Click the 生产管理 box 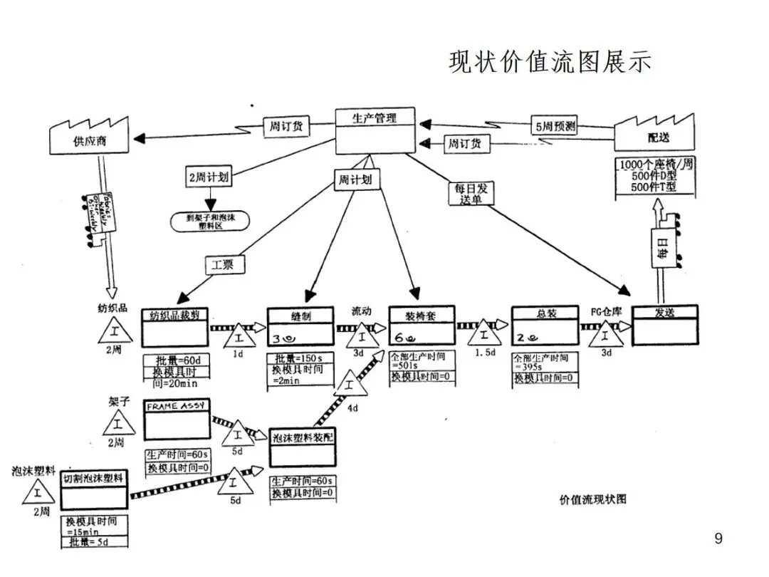[x=375, y=130]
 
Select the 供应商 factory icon [x=89, y=137]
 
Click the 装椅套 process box [x=422, y=325]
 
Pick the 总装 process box [x=544, y=324]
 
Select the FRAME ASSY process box [x=177, y=420]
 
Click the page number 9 [x=718, y=539]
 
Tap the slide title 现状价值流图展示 [x=550, y=63]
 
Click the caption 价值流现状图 [x=593, y=499]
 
